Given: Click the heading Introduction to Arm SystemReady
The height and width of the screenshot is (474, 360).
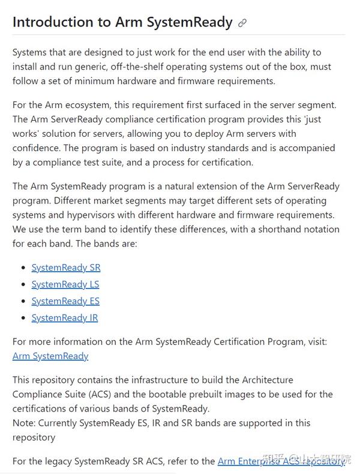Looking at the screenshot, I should pyautogui.click(x=122, y=22).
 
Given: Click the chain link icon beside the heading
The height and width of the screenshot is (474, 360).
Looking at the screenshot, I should pyautogui.click(x=242, y=23).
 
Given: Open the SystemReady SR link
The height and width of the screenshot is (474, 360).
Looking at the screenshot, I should pyautogui.click(x=66, y=268).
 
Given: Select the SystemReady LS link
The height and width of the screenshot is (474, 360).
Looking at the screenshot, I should pyautogui.click(x=65, y=284).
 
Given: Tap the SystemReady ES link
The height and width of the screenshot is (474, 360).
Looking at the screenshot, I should pyautogui.click(x=65, y=301).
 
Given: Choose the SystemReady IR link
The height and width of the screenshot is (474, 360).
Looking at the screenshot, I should pyautogui.click(x=65, y=318).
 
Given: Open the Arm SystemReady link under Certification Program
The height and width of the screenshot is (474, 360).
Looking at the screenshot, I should pyautogui.click(x=50, y=356).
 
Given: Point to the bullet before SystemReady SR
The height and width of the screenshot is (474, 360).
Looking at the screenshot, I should pyautogui.click(x=23, y=268).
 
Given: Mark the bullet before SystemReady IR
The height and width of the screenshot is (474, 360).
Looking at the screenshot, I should pyautogui.click(x=23, y=319).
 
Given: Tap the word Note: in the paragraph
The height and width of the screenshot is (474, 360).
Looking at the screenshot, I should pyautogui.click(x=25, y=423).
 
